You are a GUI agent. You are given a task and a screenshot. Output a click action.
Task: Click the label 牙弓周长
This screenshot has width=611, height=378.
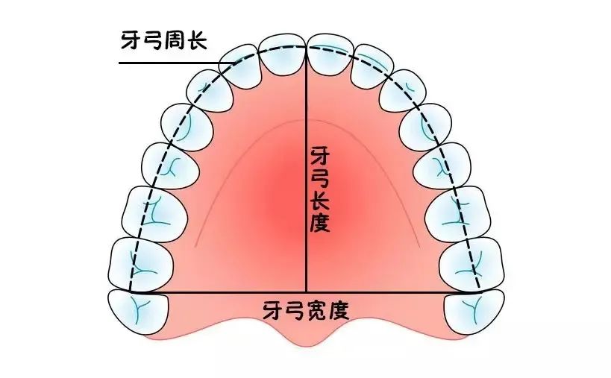166,39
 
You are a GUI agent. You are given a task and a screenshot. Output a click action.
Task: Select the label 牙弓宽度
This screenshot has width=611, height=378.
306,308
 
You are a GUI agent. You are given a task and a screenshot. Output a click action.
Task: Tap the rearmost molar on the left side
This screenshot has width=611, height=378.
137,309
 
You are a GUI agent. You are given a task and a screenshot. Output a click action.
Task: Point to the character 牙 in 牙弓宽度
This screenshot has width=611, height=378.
272,308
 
